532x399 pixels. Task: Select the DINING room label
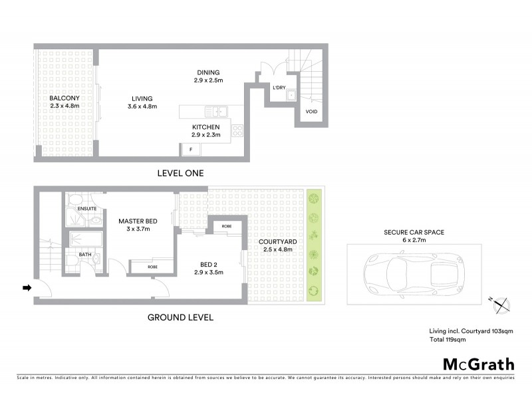[207, 72]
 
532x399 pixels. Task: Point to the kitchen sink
[217, 111]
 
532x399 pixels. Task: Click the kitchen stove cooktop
[237, 130]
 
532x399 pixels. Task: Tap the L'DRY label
[279, 88]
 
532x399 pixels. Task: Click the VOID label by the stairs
[311, 111]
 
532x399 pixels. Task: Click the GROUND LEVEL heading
[180, 317]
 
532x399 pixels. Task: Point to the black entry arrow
[27, 288]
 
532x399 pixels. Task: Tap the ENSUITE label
[87, 207]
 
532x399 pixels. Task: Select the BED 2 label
[207, 264]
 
